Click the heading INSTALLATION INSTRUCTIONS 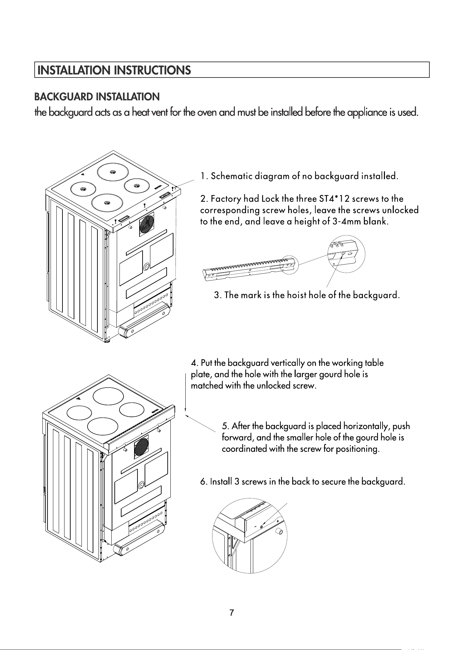[x=114, y=70]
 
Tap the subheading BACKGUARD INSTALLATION [x=97, y=97]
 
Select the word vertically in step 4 [x=291, y=363]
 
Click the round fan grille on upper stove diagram [x=147, y=224]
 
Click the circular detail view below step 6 [x=250, y=536]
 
